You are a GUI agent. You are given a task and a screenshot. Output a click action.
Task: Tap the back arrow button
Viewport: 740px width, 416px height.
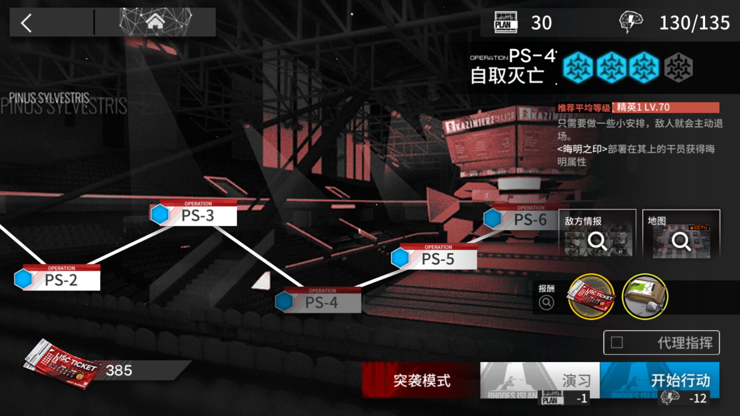pos(27,23)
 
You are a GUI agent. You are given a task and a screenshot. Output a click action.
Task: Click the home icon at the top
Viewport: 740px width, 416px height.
pos(155,22)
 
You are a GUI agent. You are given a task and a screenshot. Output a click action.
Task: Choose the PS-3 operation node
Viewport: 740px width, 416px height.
pos(197,215)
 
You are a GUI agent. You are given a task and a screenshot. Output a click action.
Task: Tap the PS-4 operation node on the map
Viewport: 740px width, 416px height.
pos(322,302)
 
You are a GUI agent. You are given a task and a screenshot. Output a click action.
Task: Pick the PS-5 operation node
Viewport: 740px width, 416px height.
pos(438,259)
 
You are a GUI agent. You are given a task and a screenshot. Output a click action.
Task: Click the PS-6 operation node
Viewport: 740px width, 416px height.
pos(530,219)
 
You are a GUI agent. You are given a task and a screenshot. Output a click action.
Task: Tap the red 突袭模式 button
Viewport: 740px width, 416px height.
pos(421,380)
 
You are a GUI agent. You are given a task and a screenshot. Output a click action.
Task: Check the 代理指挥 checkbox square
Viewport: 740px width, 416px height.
pos(617,343)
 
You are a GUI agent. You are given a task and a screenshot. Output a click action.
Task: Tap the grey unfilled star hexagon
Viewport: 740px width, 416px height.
pos(678,68)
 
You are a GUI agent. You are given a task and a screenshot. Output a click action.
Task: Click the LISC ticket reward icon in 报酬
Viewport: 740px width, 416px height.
pos(591,297)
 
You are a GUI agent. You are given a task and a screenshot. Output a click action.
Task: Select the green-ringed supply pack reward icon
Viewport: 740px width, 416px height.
pos(645,297)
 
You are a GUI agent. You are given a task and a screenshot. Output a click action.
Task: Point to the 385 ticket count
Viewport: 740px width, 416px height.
pos(119,370)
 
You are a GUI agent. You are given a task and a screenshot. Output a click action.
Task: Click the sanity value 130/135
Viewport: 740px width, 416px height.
pos(694,23)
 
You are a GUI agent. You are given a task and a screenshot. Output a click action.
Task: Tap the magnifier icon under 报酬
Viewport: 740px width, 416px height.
pos(546,303)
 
